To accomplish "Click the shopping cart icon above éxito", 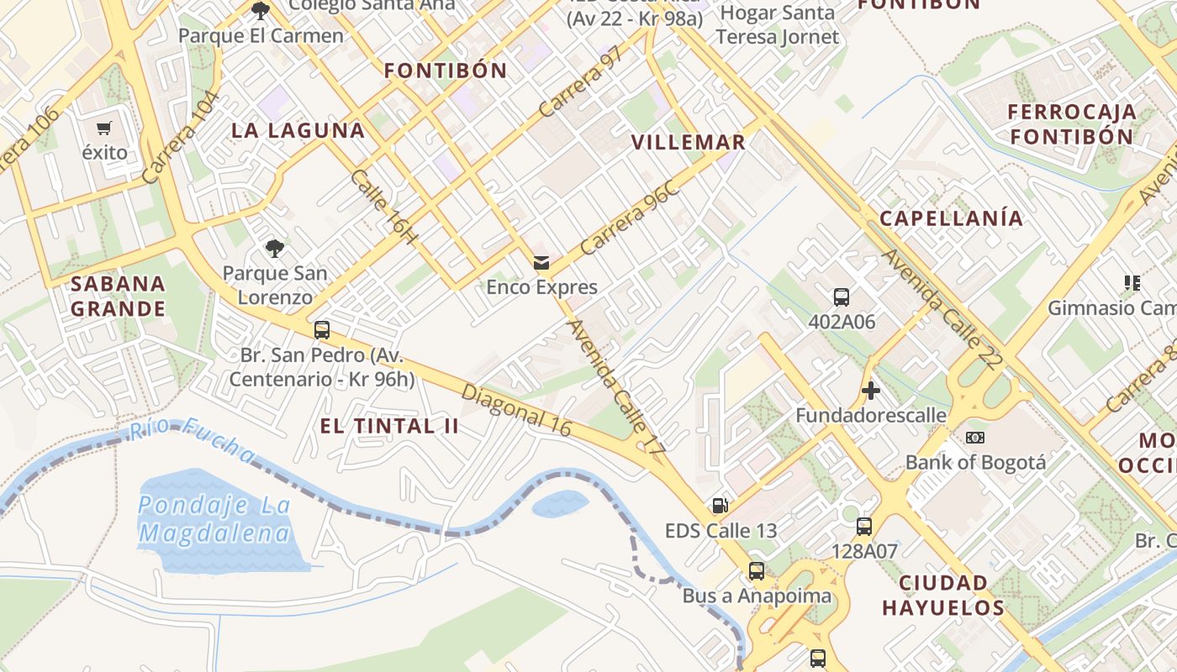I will tap(104, 129).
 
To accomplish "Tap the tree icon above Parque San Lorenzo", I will tap(274, 248).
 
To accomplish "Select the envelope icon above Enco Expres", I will tap(541, 263).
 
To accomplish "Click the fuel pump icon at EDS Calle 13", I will tap(720, 505).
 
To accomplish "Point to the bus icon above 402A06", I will tap(842, 297).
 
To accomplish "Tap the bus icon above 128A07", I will tap(864, 527).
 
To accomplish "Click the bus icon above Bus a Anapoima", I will tap(757, 571).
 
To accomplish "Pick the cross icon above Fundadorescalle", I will tap(871, 391).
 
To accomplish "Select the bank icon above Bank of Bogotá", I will tap(975, 438).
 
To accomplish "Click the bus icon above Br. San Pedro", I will tap(321, 329).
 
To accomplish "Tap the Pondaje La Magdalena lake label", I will tap(214, 519).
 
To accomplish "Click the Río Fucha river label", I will tap(193, 440).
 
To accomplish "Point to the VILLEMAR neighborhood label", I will tap(689, 142).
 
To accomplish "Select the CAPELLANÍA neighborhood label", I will tap(952, 218).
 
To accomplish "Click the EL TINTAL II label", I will tap(389, 426).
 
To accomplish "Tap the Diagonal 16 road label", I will tap(516, 411).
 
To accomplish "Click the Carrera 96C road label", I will tap(630, 218).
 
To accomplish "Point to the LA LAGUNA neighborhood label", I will tap(298, 130).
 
